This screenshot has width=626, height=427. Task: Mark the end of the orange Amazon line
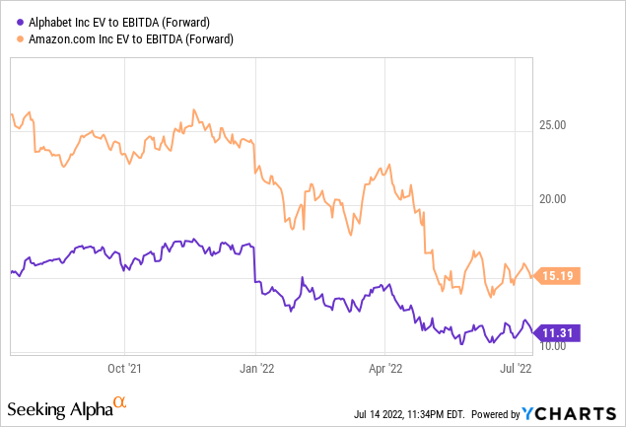tap(533, 275)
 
